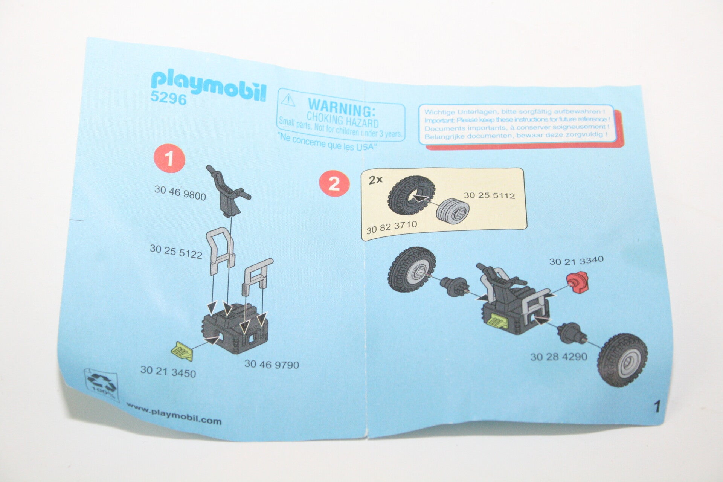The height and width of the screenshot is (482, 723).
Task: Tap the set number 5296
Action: tap(168, 99)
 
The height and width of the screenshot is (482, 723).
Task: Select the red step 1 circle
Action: tap(169, 158)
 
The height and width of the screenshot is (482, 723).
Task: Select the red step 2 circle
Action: tap(334, 184)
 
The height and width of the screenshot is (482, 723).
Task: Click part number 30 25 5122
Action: tap(176, 252)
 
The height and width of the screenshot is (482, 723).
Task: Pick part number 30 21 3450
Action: tap(168, 372)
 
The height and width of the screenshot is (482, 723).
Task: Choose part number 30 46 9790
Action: tap(272, 364)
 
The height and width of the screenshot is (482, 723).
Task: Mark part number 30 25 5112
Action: tap(489, 195)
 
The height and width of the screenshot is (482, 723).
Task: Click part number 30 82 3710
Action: tap(392, 227)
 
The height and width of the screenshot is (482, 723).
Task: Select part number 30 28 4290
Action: tap(558, 356)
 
